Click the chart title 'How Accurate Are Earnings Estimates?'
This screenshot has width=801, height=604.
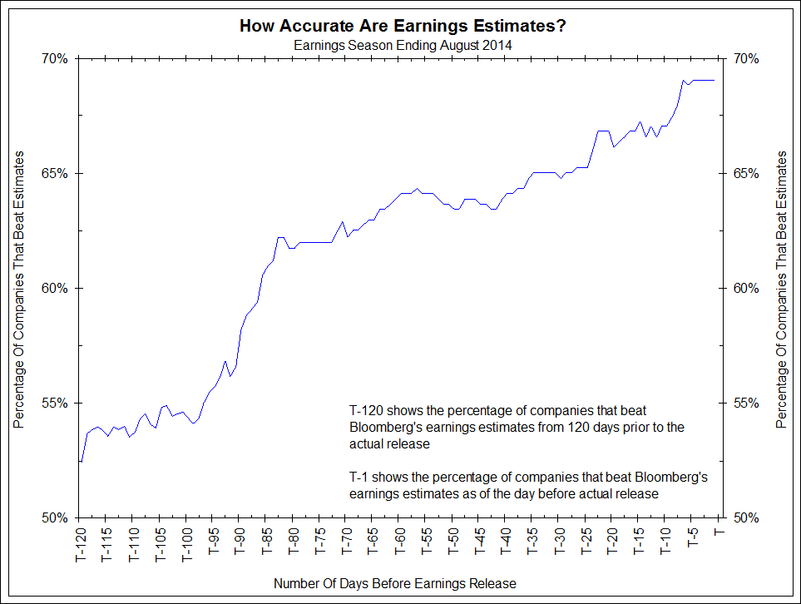pos(403,26)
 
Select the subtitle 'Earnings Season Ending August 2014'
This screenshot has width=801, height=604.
pos(403,45)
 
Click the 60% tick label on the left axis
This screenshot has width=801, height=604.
pos(55,289)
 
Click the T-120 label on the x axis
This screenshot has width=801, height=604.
pos(82,544)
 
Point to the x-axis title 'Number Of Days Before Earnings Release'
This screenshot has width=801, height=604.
pos(394,583)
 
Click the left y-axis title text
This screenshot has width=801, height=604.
pos(18,290)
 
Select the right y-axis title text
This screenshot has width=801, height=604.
pos(781,290)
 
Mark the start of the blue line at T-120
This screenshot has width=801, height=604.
pos(82,462)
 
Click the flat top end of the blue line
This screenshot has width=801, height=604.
pos(703,80)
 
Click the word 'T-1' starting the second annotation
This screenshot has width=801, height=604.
pos(359,478)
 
